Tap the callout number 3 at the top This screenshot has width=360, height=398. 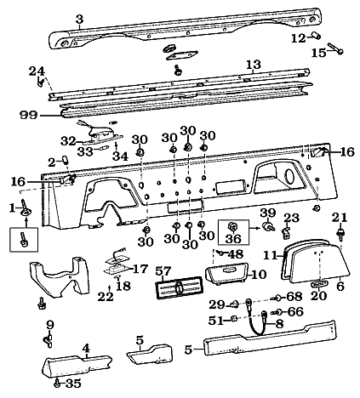click(x=78, y=18)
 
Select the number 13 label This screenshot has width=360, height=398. click(x=253, y=65)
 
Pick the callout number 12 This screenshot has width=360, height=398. click(x=297, y=38)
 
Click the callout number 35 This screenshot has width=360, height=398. click(x=73, y=384)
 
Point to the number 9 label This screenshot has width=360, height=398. click(x=49, y=324)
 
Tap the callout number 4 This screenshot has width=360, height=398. click(x=86, y=347)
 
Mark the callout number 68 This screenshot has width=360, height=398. click(x=294, y=296)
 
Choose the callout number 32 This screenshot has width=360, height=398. click(x=67, y=140)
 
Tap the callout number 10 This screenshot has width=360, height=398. click(x=259, y=274)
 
